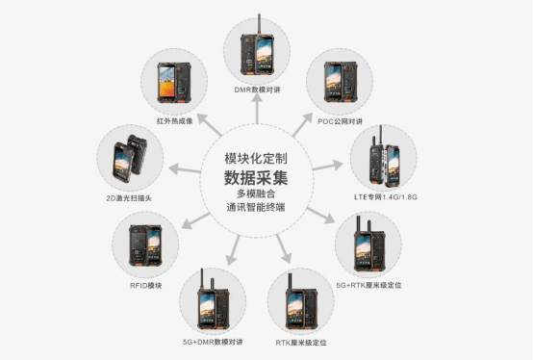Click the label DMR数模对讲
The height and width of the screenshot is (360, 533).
coord(257,90)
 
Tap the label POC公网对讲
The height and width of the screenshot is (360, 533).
coord(340,121)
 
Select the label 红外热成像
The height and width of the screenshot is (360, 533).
coord(175,120)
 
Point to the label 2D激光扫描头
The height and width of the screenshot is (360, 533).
coord(129,198)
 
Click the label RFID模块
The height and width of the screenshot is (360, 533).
coord(146,285)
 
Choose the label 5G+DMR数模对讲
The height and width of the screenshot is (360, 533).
coord(213,342)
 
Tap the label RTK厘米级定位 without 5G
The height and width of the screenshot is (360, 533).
coord(301,343)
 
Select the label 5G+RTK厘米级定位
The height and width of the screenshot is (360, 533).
coord(368,285)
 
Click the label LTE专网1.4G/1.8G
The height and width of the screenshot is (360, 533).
coord(386,196)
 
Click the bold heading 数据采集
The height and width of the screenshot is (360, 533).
coord(256,177)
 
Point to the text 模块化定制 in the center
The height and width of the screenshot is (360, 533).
coord(256,159)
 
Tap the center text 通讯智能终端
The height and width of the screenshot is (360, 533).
coord(256,207)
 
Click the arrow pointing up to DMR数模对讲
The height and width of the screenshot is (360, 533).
coord(257,109)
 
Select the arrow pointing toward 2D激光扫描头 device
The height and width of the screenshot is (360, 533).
coord(185,169)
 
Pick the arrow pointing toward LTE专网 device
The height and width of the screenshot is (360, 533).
coord(327,166)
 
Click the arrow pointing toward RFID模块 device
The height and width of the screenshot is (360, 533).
coord(196,220)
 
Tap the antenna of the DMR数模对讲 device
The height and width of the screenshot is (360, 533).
coord(260,24)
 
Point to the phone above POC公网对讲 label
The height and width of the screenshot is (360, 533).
coord(340,82)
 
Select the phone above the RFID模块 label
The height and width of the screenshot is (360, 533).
coord(145,245)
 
